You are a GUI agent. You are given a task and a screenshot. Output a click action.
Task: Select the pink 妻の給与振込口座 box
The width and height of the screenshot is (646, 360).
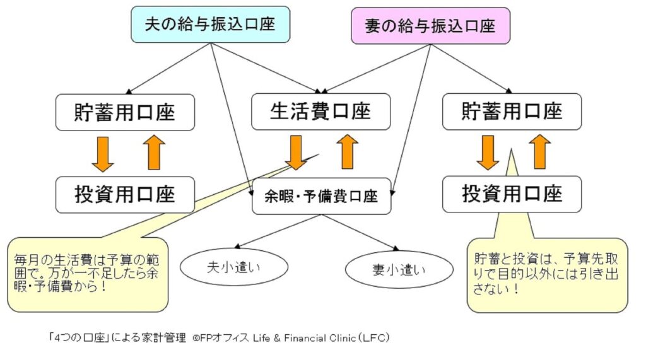pyautogui.click(x=430, y=26)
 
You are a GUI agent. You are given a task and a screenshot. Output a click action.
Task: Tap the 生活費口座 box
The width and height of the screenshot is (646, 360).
pyautogui.click(x=320, y=112)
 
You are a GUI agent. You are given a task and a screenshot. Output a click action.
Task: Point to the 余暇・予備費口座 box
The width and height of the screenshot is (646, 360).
pyautogui.click(x=322, y=196)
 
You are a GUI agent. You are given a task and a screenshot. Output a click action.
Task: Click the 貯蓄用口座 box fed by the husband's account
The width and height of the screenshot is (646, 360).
pyautogui.click(x=125, y=112)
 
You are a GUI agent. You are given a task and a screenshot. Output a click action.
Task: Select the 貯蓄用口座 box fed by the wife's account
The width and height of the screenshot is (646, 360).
pyautogui.click(x=512, y=112)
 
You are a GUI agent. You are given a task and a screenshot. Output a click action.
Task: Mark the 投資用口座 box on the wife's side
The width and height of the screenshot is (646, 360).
pyautogui.click(x=512, y=194)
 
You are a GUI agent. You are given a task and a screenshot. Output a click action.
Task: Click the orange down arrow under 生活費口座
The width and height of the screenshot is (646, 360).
pyautogui.click(x=295, y=153)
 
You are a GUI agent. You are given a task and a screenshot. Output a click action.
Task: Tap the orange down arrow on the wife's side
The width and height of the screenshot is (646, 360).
pyautogui.click(x=487, y=153)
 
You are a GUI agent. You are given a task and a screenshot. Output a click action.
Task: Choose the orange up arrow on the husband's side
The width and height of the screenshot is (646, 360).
pyautogui.click(x=154, y=153)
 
